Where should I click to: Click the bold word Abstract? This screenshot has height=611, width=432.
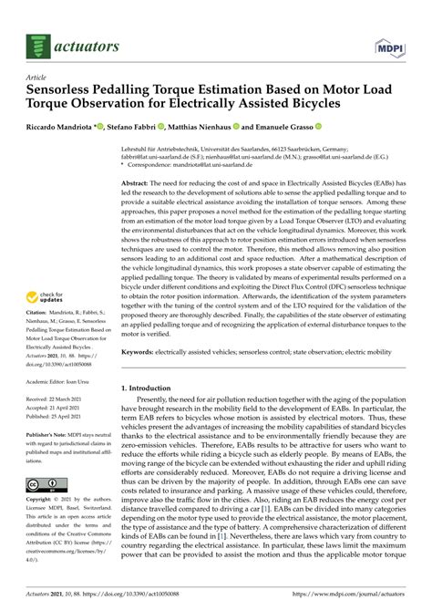point(139,159)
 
